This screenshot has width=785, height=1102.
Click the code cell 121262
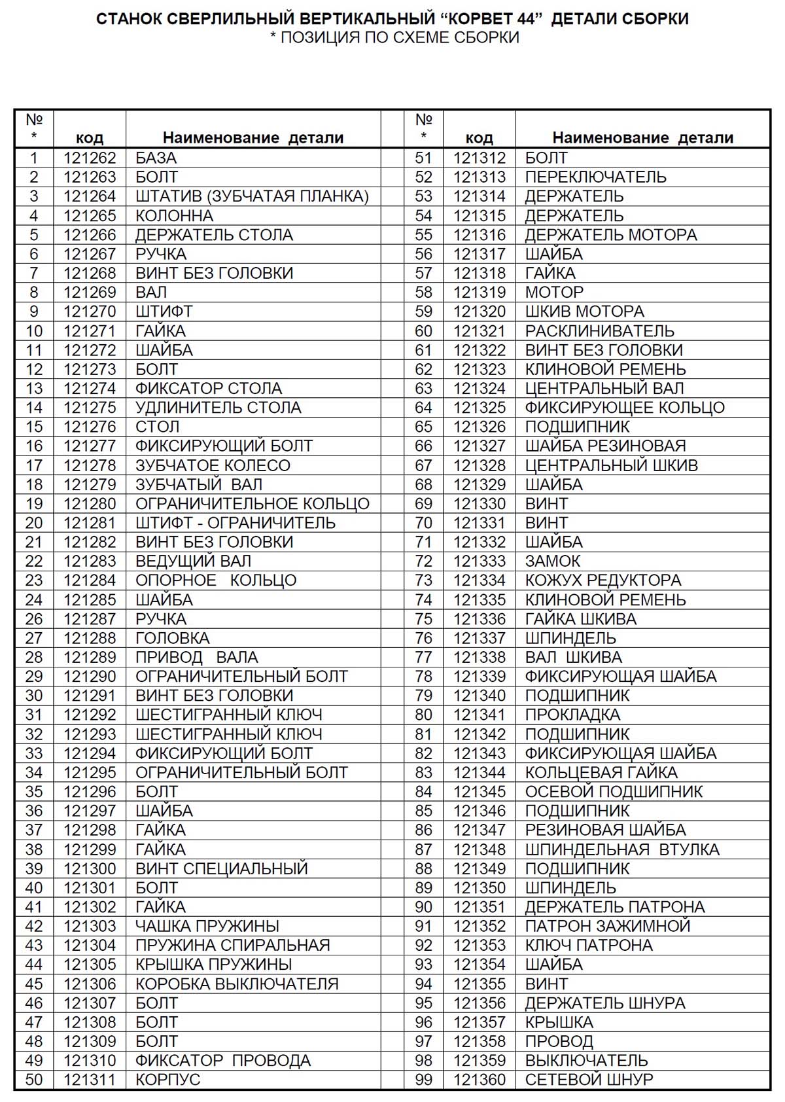click(90, 158)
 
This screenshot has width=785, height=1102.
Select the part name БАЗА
click(156, 158)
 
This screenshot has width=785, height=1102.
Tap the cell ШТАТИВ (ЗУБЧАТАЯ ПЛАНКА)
click(252, 196)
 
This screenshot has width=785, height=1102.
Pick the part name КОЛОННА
click(174, 216)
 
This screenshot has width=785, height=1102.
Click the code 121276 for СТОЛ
click(90, 427)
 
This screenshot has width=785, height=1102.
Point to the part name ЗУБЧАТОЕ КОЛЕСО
click(213, 465)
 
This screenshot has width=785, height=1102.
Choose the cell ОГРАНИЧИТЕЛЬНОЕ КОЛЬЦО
click(252, 504)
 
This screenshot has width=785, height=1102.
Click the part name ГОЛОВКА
click(172, 638)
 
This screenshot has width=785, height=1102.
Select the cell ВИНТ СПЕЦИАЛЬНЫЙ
click(221, 868)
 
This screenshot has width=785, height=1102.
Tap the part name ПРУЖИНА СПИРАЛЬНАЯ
click(232, 945)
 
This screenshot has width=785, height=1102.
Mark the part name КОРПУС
click(167, 1079)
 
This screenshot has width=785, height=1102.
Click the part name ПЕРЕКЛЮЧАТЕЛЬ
click(595, 177)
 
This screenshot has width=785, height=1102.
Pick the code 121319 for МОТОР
click(480, 292)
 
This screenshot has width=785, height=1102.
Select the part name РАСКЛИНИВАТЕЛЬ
click(599, 331)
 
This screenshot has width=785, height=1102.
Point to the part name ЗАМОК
click(552, 561)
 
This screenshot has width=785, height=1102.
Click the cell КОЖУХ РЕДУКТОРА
click(602, 580)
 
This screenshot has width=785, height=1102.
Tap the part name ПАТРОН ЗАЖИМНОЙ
click(607, 926)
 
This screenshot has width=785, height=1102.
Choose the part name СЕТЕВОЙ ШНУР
click(589, 1079)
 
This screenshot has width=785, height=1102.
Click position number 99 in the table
click(423, 1079)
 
